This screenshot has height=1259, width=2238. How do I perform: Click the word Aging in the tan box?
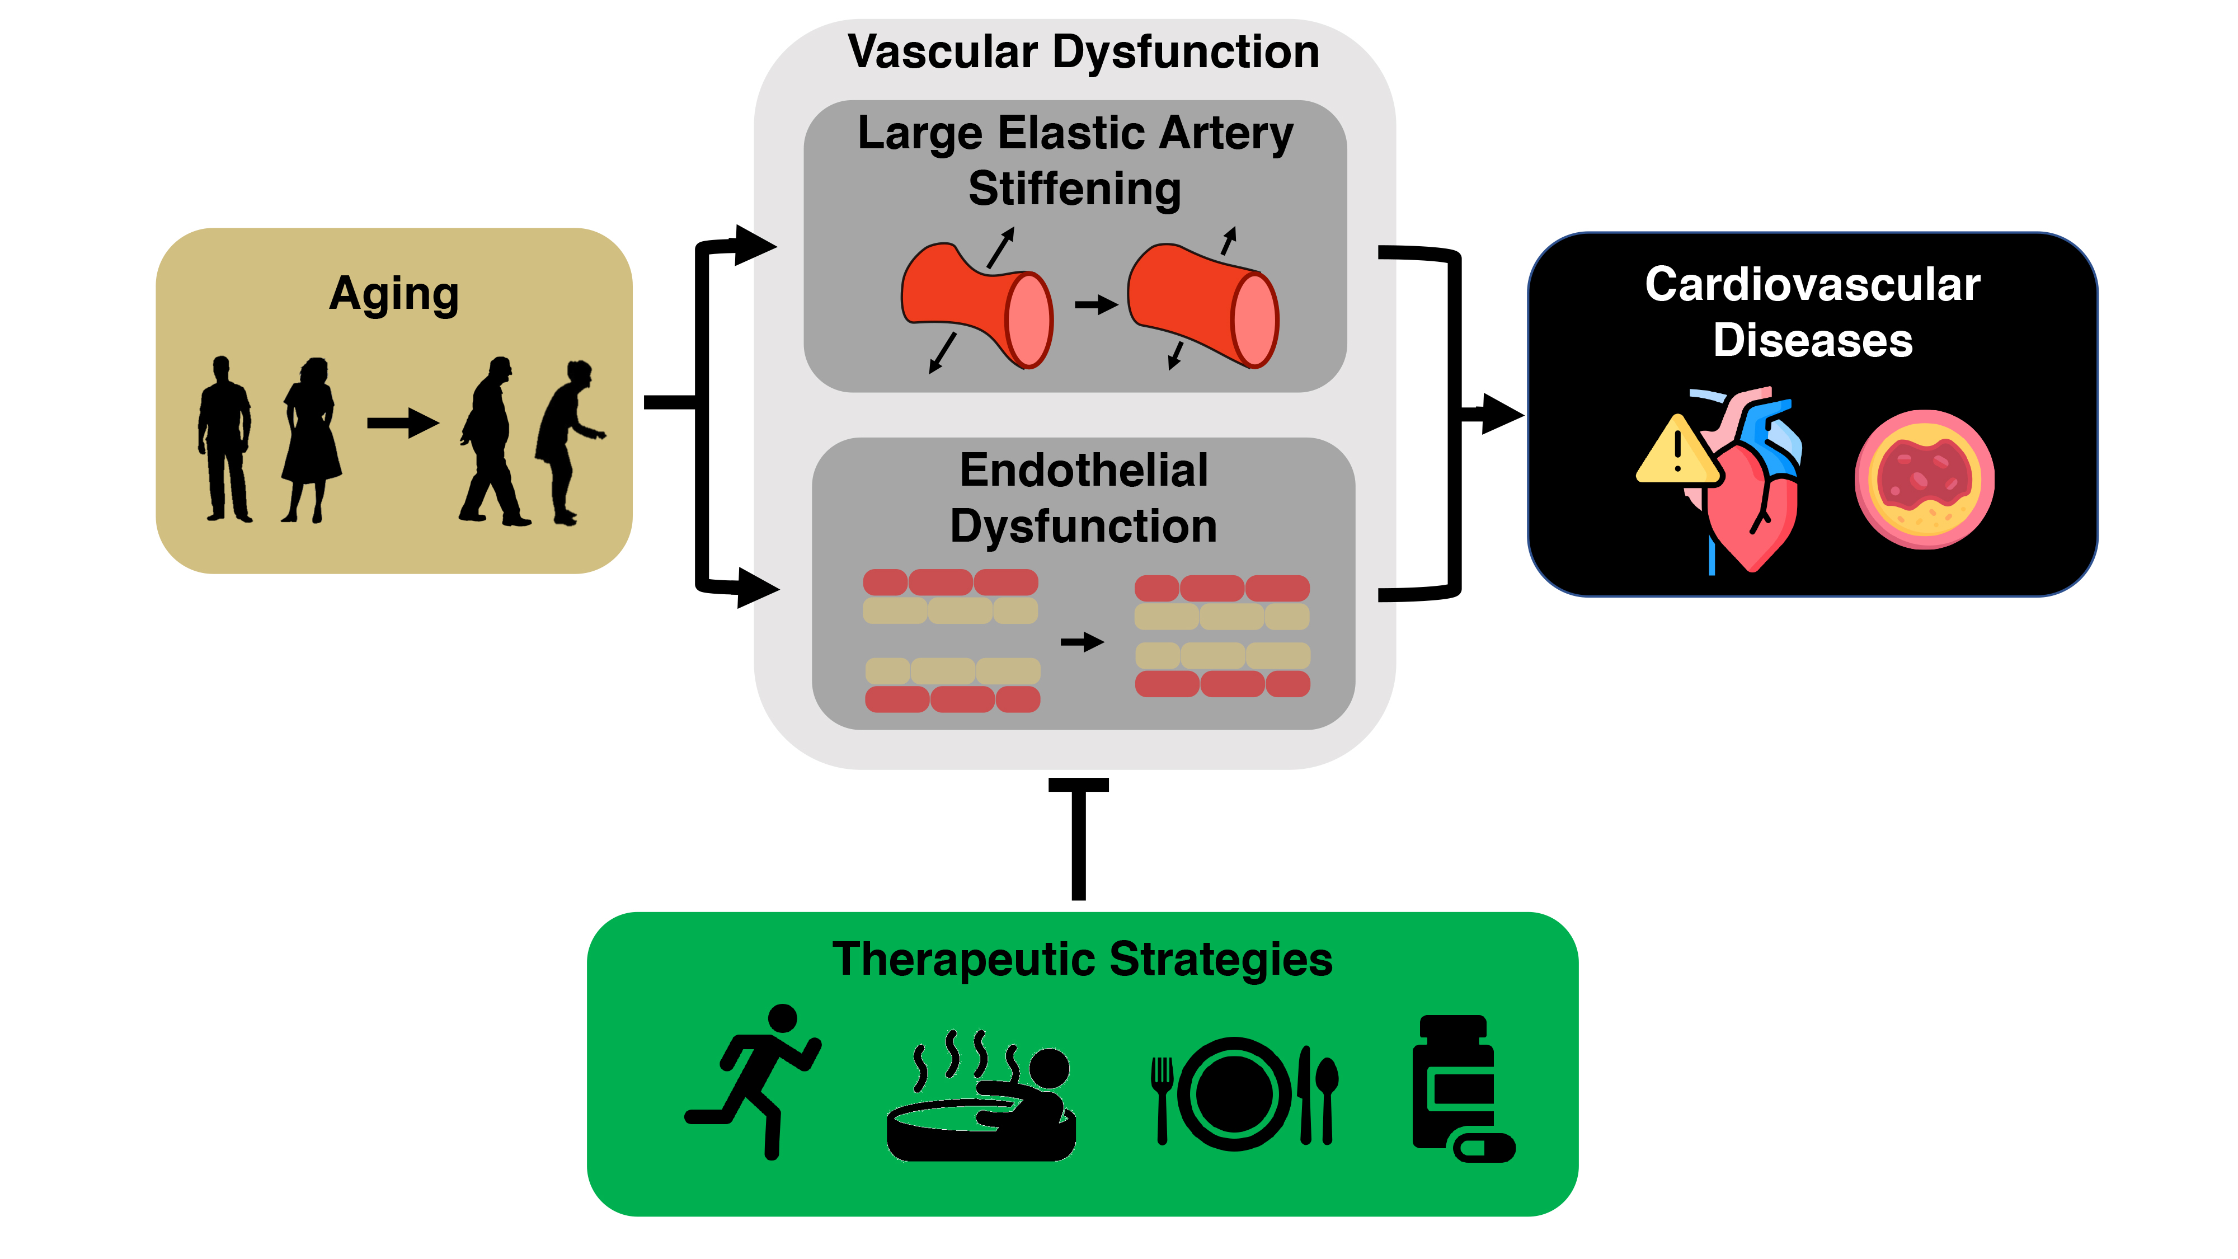click(393, 294)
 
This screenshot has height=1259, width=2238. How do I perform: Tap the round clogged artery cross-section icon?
click(1924, 480)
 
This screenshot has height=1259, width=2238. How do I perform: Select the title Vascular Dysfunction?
click(1083, 51)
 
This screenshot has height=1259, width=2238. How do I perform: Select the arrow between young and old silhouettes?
click(402, 424)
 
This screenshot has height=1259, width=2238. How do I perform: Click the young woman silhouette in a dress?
click(310, 439)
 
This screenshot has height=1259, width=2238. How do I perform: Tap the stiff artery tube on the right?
click(1203, 304)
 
